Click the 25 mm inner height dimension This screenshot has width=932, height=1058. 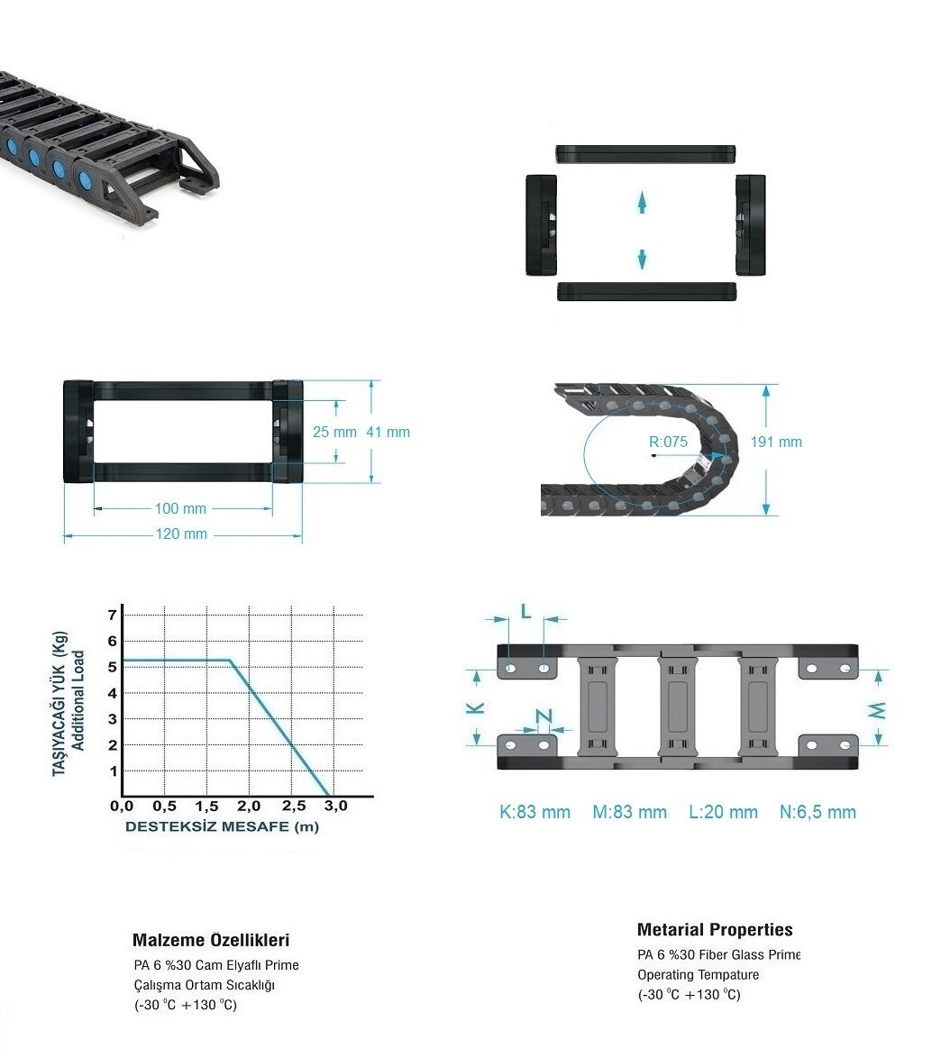pos(334,432)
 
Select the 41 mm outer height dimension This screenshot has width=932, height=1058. pos(388,432)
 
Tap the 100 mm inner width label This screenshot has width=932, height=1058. pos(181,509)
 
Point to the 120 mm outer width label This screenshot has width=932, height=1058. pos(181,534)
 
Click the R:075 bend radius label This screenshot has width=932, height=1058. pos(668,442)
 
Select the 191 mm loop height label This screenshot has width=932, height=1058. pos(776,442)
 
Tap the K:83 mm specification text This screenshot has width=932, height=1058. pos(535,812)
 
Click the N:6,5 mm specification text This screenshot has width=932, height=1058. pos(818,812)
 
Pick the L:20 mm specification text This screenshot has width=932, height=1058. pos(723,812)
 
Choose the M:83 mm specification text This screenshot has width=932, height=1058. pos(629,812)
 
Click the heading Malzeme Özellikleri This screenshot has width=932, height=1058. pos(211,940)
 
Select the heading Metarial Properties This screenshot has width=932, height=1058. pos(715,930)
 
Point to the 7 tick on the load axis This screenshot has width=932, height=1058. pos(113,615)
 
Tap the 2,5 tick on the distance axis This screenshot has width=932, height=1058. pos(294,806)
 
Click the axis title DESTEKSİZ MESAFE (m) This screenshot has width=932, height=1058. pos(222,826)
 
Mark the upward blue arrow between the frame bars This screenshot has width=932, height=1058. pos(642,202)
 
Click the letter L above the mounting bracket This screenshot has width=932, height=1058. pos(526,612)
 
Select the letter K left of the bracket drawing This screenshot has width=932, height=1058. pos(476,707)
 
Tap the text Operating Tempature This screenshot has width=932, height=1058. pos(698,974)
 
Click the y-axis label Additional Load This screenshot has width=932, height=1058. pos(78,700)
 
